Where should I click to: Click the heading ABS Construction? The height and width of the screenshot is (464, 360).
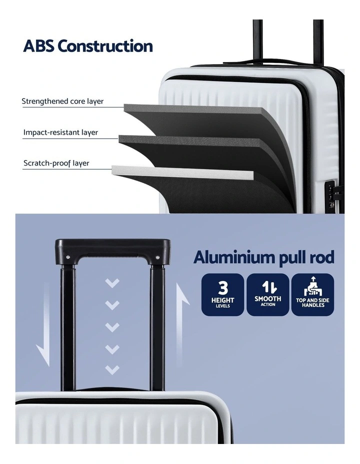tap(88, 46)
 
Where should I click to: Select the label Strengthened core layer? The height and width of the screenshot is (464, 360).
tap(62, 101)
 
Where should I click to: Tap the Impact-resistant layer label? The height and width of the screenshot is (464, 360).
tap(60, 132)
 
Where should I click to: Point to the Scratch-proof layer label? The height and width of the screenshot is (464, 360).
tap(56, 163)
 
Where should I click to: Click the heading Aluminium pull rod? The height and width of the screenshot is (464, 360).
tap(264, 257)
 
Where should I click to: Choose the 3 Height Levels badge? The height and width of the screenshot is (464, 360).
tap(222, 294)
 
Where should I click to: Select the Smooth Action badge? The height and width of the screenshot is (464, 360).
tap(267, 294)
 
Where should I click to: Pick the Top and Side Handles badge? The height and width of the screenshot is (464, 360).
tap(312, 294)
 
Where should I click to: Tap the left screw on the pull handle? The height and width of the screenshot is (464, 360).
tap(68, 257)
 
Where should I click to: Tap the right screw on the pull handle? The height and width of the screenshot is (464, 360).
tap(157, 257)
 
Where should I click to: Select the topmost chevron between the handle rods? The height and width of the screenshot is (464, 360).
tap(112, 283)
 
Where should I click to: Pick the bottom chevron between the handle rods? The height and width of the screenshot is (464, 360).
tap(112, 369)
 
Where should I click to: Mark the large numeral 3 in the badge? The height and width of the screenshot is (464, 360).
tap(222, 287)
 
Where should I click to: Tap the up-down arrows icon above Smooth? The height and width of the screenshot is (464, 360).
tap(268, 286)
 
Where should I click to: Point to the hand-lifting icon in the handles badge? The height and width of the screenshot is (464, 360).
tap(313, 286)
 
